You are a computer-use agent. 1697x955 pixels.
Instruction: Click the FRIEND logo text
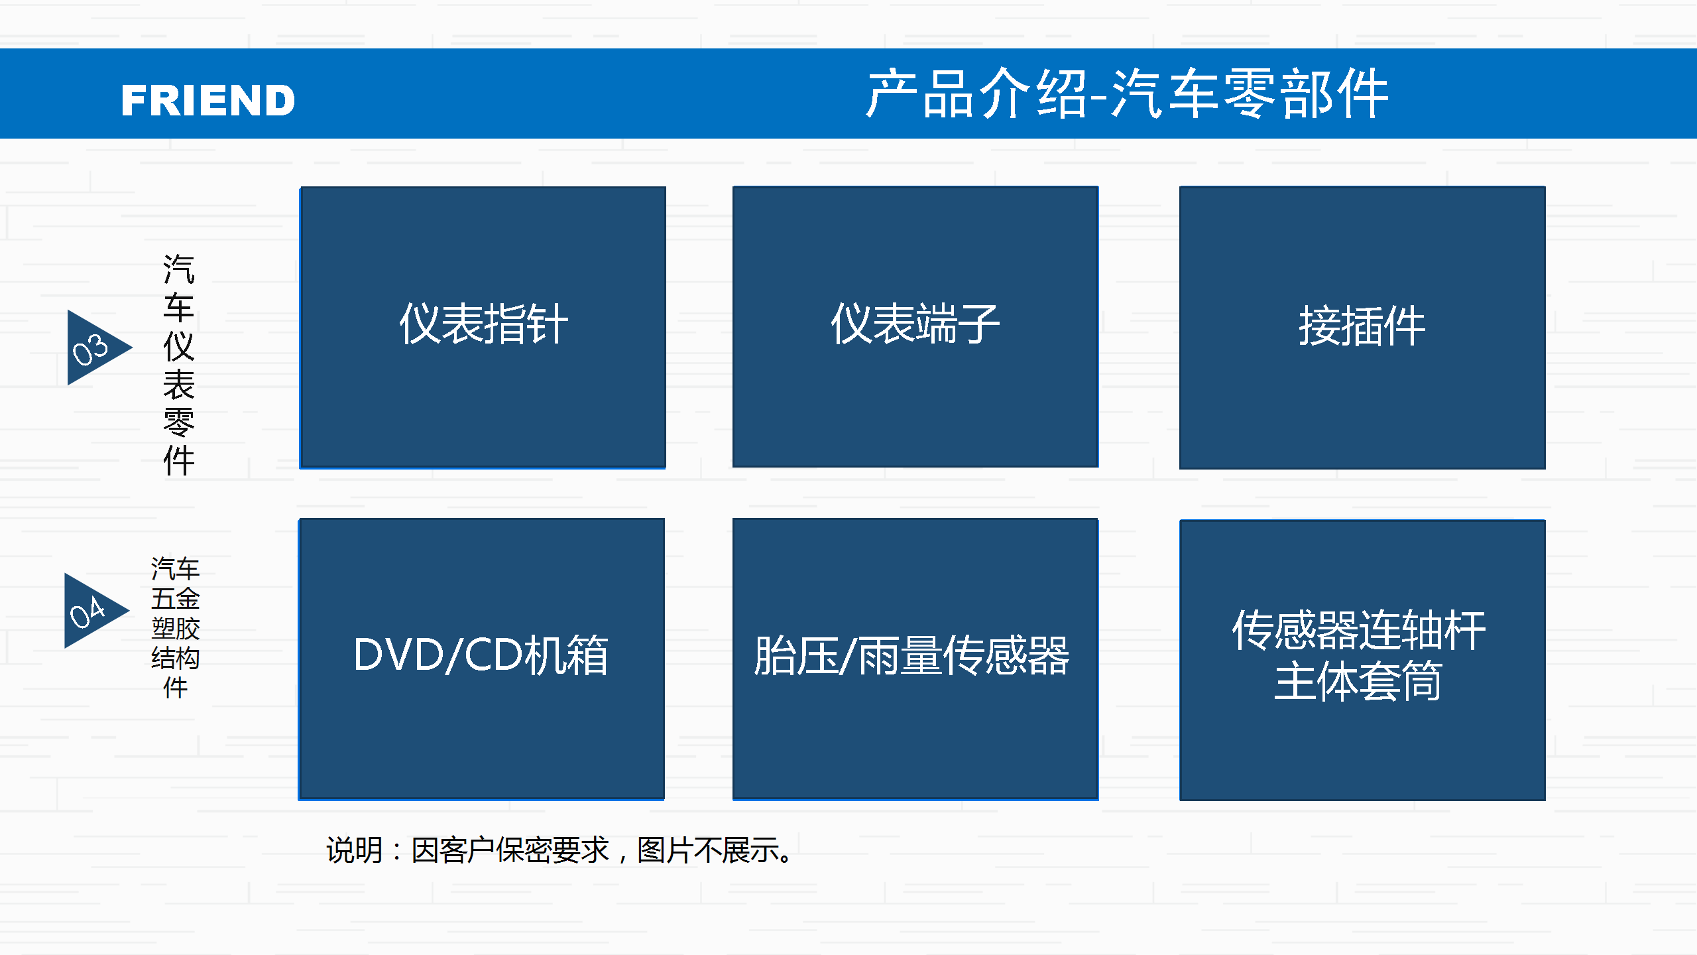pos(208,100)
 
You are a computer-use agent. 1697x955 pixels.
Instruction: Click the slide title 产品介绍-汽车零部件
pos(1127,94)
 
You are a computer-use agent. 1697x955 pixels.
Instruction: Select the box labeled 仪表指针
pos(483,328)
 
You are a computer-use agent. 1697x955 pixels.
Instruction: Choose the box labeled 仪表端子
pos(915,327)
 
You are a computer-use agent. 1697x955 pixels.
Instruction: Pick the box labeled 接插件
pos(1362,328)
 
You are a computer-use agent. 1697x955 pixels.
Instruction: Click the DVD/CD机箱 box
pos(481,659)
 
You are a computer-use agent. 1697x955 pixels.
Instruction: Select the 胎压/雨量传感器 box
pos(915,659)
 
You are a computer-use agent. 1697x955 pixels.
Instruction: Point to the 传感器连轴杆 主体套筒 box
pos(1362,660)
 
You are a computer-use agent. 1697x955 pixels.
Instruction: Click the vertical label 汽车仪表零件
pos(178,365)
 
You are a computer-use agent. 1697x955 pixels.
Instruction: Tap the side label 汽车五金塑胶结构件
pos(175,627)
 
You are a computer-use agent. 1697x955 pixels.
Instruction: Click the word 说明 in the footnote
pos(355,850)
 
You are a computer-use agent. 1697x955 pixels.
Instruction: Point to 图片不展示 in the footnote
pos(709,850)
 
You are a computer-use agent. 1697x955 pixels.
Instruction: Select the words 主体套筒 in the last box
pos(1358,681)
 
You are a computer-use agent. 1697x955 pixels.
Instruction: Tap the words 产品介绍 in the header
pos(976,94)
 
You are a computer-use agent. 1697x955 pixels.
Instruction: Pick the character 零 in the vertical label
pos(179,422)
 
